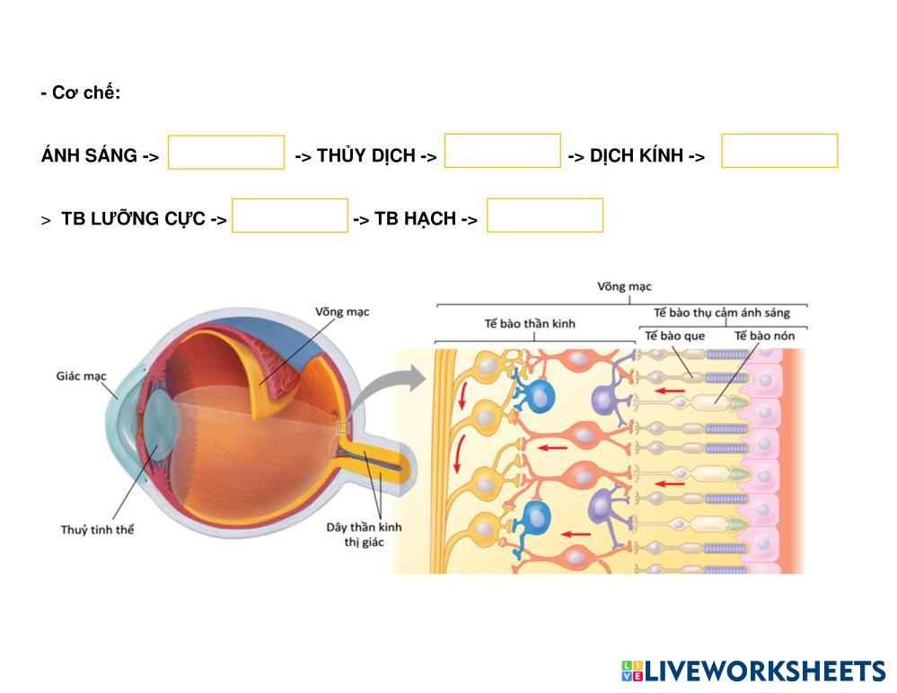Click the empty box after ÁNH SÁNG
point(226,153)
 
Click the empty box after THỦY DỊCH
point(503,151)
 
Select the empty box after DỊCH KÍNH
point(779,151)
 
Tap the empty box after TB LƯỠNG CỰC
point(290,215)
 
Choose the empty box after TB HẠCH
point(545,215)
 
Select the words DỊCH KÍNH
point(637,156)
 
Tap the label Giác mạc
point(82,376)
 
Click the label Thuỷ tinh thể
point(98,530)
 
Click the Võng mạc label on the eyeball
point(342,311)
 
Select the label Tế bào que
point(674,336)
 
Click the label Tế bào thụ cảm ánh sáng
point(722,312)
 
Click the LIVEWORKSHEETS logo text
point(764,671)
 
